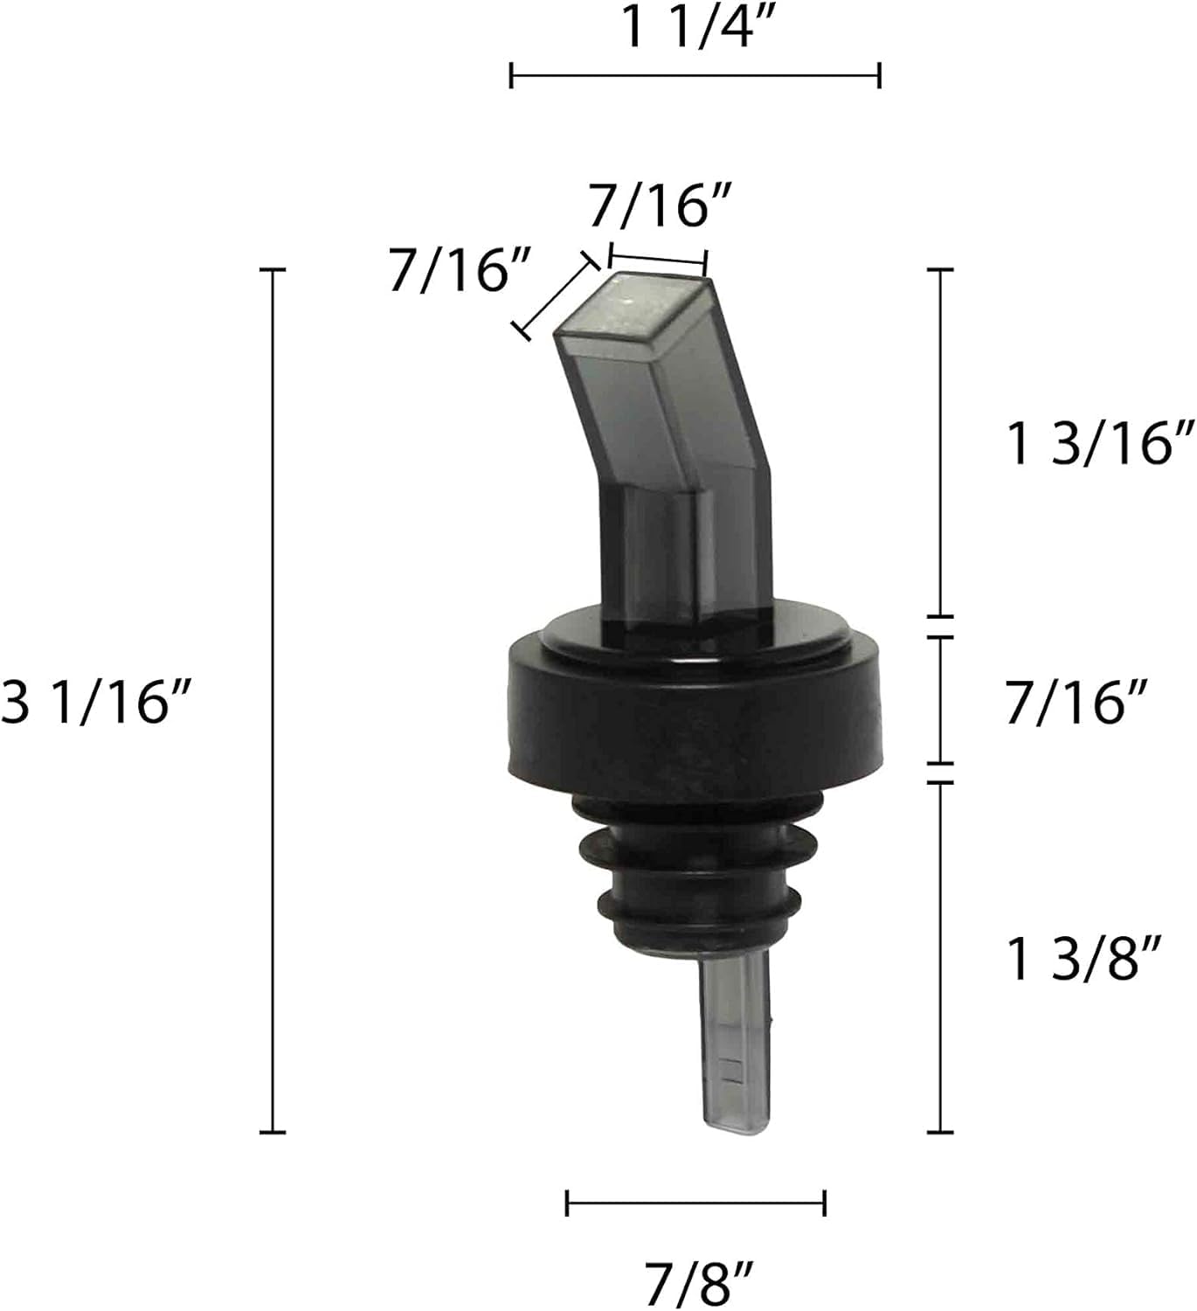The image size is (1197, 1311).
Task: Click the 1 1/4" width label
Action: (x=695, y=27)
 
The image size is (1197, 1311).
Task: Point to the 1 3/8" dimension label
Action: (x=1084, y=959)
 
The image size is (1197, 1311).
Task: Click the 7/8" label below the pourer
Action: (x=699, y=1284)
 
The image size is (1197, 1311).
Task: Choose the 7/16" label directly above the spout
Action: (x=660, y=205)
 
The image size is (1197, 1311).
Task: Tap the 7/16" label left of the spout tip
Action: (x=460, y=268)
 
